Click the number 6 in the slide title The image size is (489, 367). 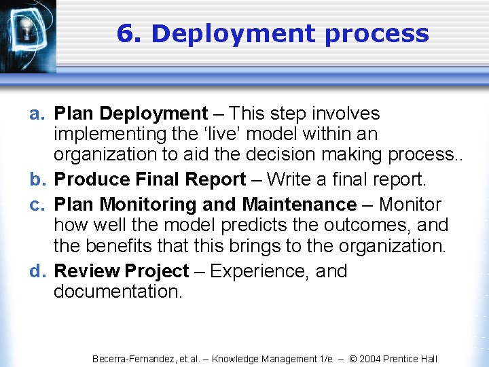[x=124, y=33]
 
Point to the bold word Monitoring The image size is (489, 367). [x=142, y=205]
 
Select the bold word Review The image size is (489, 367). [x=87, y=271]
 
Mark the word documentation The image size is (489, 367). [x=117, y=292]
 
